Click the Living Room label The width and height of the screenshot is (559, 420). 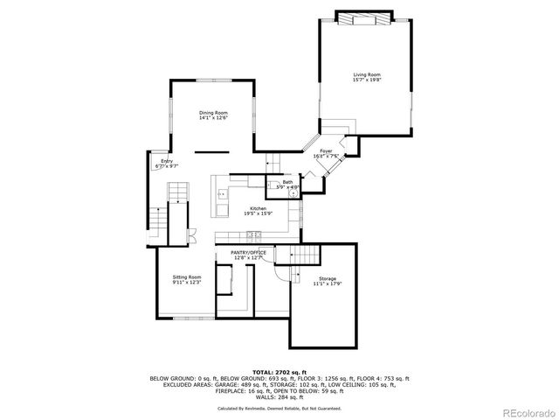[x=366, y=75]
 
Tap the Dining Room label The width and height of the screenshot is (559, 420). [x=213, y=113]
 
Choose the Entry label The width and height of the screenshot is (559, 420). [x=167, y=161]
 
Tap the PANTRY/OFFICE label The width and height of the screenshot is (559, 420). [x=249, y=253]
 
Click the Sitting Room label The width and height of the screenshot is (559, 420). [x=186, y=277]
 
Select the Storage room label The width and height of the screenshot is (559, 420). [x=328, y=279]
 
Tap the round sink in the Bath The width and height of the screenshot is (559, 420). [x=294, y=194]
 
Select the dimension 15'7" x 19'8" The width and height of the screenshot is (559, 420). [x=366, y=80]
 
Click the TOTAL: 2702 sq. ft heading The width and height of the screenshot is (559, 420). [x=279, y=372]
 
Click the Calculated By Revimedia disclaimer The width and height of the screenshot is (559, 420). [x=279, y=408]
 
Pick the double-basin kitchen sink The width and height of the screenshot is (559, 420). [x=222, y=194]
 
